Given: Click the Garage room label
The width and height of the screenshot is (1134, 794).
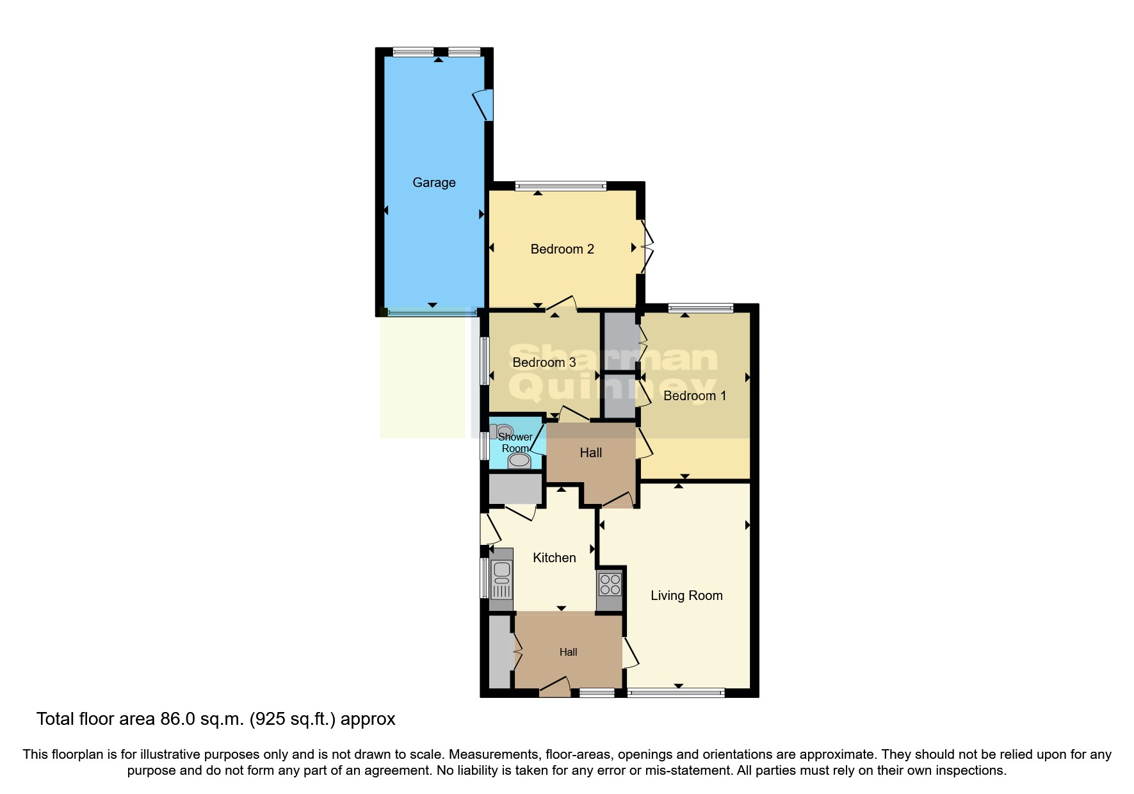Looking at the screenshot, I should click(434, 182).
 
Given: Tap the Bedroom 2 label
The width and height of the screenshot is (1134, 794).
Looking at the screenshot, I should click(562, 249).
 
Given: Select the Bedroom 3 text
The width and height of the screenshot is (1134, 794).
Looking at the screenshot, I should click(544, 362).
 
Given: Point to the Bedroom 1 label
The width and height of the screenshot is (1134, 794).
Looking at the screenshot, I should click(695, 396).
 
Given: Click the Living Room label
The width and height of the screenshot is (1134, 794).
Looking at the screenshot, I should click(686, 595).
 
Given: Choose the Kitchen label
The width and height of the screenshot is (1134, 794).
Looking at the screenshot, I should click(555, 558).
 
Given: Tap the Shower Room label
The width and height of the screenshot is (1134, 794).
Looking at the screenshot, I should click(515, 442).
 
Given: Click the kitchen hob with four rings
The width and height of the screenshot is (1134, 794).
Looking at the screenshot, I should click(610, 585).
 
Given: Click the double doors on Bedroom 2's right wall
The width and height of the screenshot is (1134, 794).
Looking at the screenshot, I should click(648, 247).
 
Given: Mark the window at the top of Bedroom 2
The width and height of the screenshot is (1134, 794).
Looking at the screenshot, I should click(560, 186).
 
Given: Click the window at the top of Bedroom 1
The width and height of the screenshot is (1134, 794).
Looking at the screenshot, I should click(701, 309).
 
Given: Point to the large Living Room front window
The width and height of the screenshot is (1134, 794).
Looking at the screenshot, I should click(676, 692).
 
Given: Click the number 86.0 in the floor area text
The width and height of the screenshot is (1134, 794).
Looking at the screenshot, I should click(177, 719).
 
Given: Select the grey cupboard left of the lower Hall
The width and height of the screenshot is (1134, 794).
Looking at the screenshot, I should click(499, 652).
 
